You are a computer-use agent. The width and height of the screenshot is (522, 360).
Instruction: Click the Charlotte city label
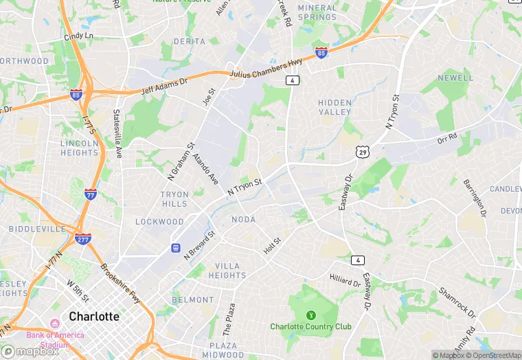point(94,317)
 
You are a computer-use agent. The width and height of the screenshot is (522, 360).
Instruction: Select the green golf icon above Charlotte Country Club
point(310,315)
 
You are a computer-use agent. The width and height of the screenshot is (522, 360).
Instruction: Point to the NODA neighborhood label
point(244,219)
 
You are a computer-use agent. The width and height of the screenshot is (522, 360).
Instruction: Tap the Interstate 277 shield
point(82,238)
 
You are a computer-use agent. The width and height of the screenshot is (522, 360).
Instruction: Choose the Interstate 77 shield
point(91,194)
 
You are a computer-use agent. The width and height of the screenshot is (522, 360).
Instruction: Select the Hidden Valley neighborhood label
point(334,107)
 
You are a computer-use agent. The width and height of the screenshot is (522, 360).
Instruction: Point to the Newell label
point(455,78)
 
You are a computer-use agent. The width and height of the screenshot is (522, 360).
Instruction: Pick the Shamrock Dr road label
point(457,301)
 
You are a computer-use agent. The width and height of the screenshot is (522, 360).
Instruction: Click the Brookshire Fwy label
point(120,284)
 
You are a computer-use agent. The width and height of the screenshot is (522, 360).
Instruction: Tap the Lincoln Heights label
point(80,147)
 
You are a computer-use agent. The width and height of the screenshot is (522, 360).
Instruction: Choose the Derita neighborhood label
point(190,41)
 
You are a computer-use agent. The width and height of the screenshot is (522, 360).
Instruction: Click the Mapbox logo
point(30,351)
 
